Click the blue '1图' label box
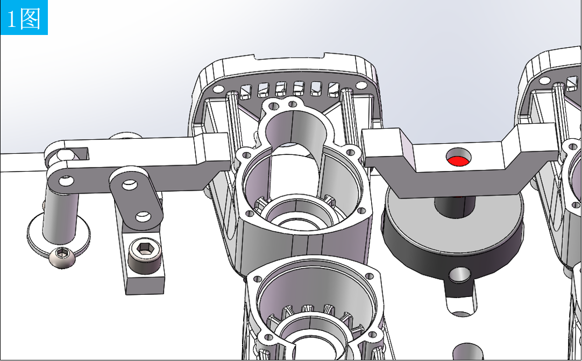click(24, 17)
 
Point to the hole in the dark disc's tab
click(460, 275)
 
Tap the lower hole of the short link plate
click(143, 216)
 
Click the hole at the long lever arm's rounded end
click(66, 181)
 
